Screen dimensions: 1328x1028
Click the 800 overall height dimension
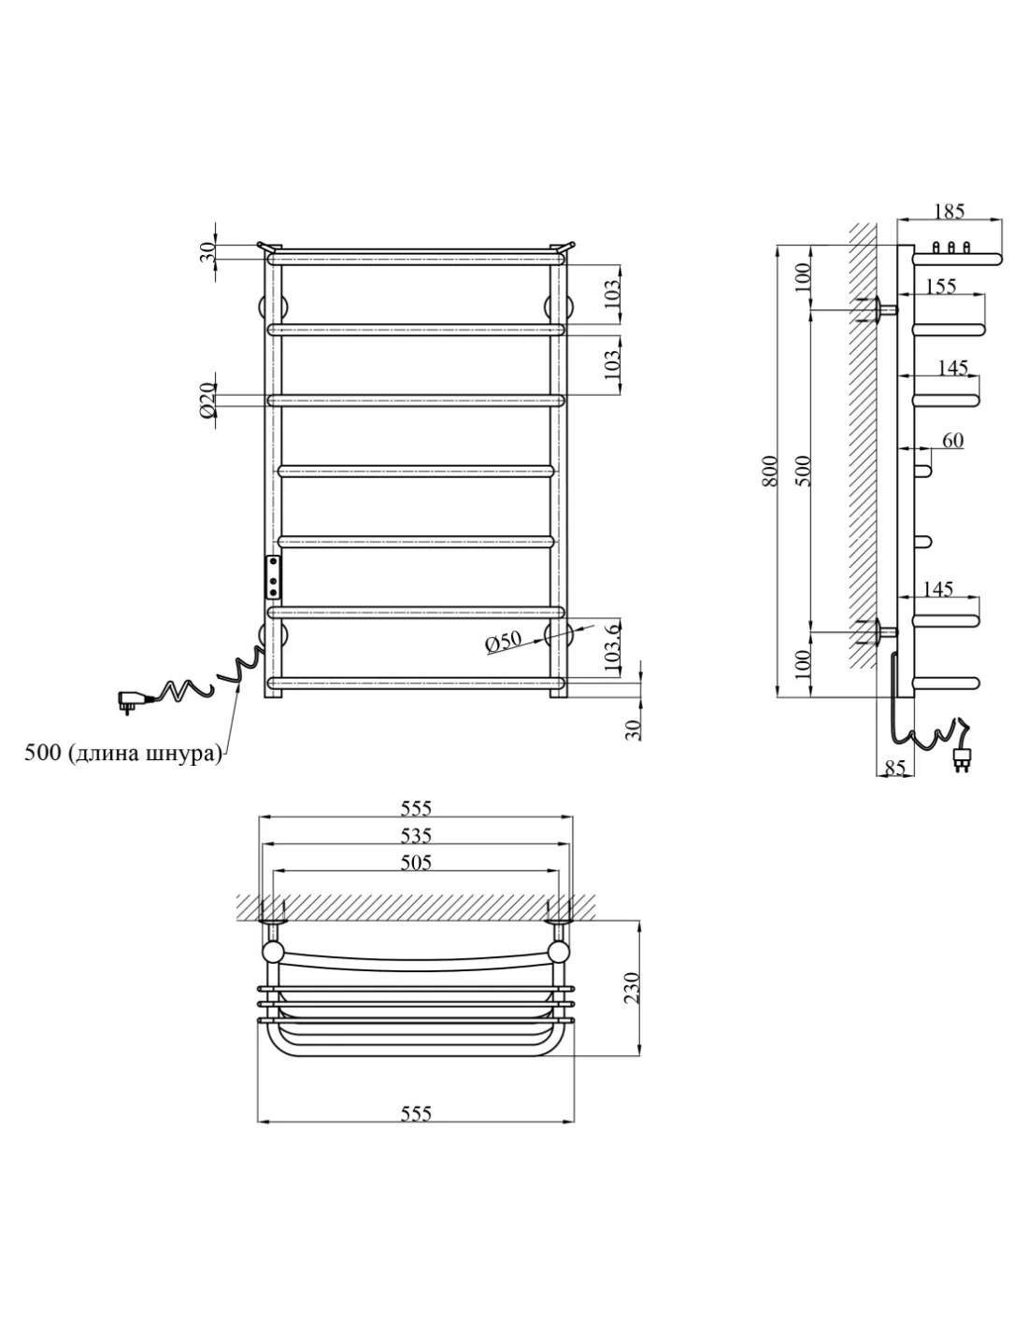coord(768,472)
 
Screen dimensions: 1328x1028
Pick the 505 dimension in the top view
coord(415,862)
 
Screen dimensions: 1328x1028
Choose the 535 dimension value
coord(415,834)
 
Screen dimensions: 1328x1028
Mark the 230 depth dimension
coord(632,987)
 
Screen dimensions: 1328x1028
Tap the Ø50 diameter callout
coord(504,643)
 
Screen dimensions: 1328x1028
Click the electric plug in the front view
coord(128,699)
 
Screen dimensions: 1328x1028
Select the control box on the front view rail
coord(273,576)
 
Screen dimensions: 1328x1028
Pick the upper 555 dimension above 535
coord(415,808)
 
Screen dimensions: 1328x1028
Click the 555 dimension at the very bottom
coord(415,1112)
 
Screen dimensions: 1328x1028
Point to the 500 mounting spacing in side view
coord(806,472)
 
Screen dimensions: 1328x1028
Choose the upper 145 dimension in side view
coord(951,368)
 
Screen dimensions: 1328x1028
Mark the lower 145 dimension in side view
coord(937,588)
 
